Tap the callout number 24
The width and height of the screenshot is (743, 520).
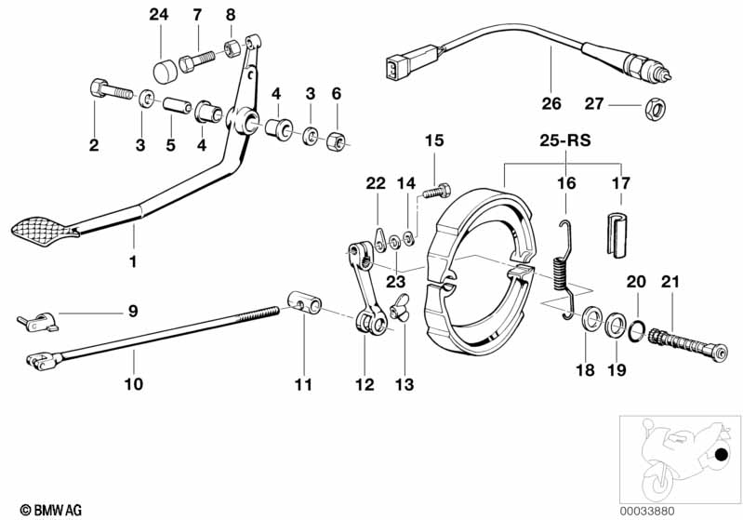pyautogui.click(x=159, y=15)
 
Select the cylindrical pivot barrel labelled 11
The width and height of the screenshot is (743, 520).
pyautogui.click(x=305, y=303)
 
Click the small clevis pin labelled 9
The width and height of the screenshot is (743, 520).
pyautogui.click(x=37, y=322)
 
